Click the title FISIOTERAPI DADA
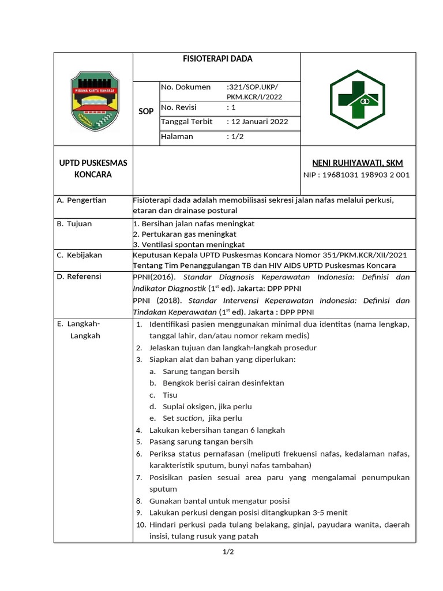point(217,59)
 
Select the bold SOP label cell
point(146,111)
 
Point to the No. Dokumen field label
point(186,87)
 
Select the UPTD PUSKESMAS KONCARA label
point(93,169)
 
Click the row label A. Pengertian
point(82,200)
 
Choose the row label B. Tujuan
point(74,223)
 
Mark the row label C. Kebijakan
point(80,255)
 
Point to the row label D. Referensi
point(79,276)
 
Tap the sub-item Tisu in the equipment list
point(170,395)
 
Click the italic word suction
point(189,418)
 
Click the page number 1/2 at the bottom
point(228,552)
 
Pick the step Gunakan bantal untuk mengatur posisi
point(219,501)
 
